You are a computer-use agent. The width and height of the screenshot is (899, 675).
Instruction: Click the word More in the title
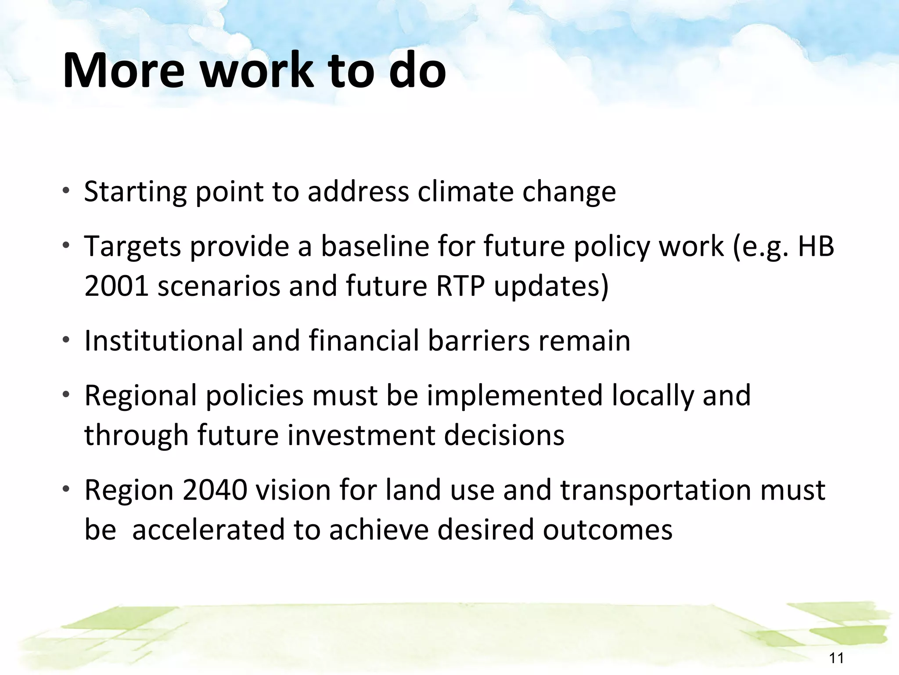pyautogui.click(x=124, y=70)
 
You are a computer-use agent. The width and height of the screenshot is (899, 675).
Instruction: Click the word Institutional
pyautogui.click(x=163, y=341)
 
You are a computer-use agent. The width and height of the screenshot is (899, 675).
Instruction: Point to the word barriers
pyautogui.click(x=479, y=341)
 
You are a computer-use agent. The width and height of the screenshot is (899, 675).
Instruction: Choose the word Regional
pyautogui.click(x=140, y=395)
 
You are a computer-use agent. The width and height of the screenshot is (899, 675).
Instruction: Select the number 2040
pyautogui.click(x=215, y=490)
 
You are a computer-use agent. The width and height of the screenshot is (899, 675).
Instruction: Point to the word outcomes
pyautogui.click(x=608, y=530)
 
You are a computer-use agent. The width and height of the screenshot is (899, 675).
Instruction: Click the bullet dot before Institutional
pyautogui.click(x=66, y=340)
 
